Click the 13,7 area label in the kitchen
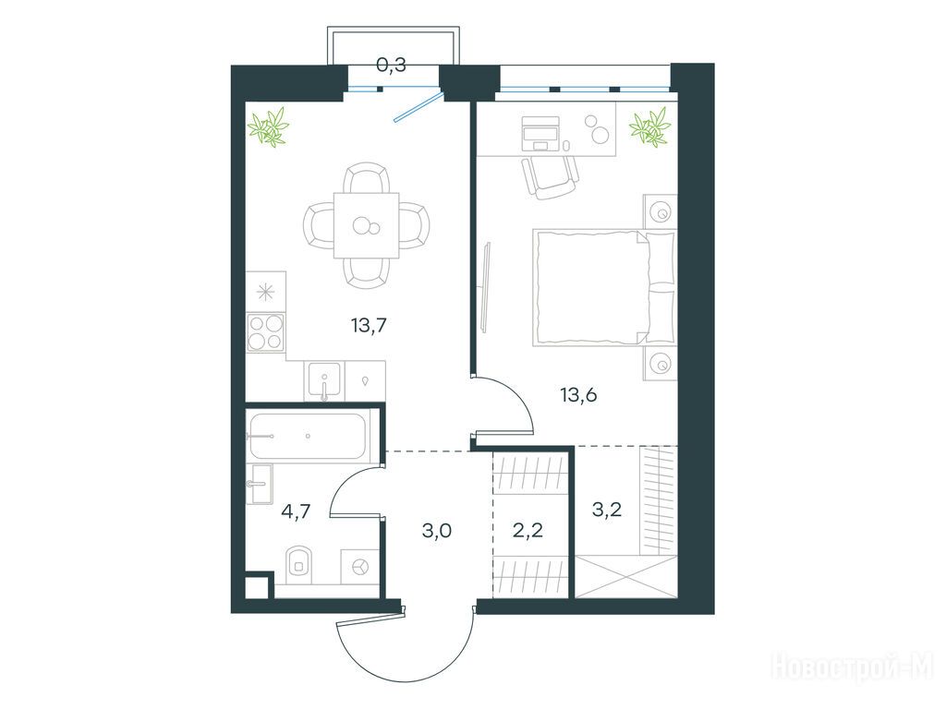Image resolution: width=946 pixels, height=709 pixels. [369, 326]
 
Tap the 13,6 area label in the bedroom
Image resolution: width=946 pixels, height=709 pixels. [578, 395]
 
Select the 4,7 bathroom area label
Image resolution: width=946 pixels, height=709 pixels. [296, 511]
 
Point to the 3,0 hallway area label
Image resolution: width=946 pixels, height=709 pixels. [437, 531]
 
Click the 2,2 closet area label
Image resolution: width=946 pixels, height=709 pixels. [528, 530]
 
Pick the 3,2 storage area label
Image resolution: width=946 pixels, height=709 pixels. [607, 510]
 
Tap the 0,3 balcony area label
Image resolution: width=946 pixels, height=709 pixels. [391, 65]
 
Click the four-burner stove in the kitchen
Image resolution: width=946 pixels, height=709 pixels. [265, 332]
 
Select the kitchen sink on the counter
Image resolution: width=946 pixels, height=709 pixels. [324, 381]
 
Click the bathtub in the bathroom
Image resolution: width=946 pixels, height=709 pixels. [307, 436]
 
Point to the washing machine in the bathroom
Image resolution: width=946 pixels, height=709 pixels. [359, 566]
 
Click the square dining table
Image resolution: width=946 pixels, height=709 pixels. [366, 225]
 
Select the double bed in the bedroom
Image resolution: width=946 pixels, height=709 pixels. [603, 287]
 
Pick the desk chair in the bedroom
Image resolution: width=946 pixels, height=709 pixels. [550, 177]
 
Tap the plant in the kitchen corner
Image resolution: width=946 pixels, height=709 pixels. [268, 126]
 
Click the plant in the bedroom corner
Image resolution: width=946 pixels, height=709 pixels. [649, 126]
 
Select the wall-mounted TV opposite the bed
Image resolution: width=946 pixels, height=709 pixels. [486, 287]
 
